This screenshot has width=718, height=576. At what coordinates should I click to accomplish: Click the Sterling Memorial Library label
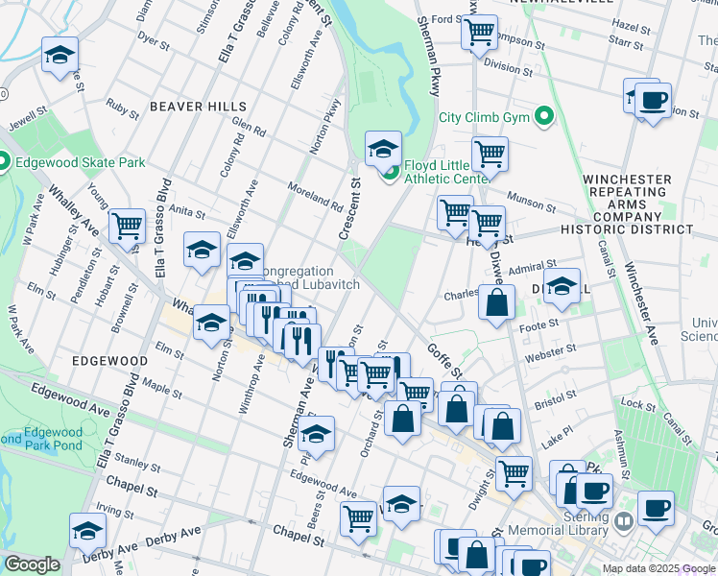581,523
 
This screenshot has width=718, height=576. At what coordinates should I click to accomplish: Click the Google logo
32,564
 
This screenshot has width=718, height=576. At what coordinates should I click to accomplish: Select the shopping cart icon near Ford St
478,32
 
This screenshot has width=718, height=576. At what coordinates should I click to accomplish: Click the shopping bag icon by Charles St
496,303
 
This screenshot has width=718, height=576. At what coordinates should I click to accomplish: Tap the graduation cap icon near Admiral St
562,285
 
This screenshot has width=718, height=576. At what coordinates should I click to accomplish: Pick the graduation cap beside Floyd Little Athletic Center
383,148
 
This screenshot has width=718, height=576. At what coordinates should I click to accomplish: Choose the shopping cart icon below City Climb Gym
491,153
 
